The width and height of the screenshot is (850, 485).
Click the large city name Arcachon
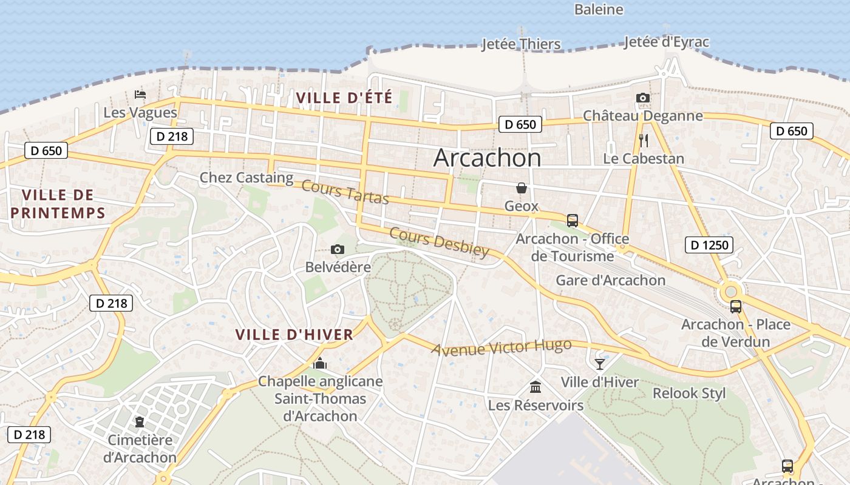487,158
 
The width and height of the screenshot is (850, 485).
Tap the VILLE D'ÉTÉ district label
344,97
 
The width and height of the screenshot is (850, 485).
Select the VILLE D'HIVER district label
294,335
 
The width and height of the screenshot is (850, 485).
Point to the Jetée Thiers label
521,44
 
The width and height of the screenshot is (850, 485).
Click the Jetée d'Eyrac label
666,42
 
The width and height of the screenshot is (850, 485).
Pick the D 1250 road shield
709,245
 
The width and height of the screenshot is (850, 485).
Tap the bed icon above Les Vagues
140,95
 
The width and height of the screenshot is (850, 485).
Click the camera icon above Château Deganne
642,98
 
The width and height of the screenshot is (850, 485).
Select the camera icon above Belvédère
338,250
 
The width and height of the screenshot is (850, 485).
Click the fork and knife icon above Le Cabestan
644,141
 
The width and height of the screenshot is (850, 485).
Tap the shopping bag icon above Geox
521,189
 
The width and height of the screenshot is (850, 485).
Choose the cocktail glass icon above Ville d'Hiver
600,364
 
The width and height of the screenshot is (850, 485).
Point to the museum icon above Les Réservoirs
535,387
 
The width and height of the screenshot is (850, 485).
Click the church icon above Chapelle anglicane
320,363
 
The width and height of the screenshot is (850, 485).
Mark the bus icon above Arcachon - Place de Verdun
735,307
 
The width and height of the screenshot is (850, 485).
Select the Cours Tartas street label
345,192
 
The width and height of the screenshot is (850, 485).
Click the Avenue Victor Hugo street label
501,347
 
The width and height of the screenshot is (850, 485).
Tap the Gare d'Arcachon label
611,280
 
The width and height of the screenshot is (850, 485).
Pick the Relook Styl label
689,393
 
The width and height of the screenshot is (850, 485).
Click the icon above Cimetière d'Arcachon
140,421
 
